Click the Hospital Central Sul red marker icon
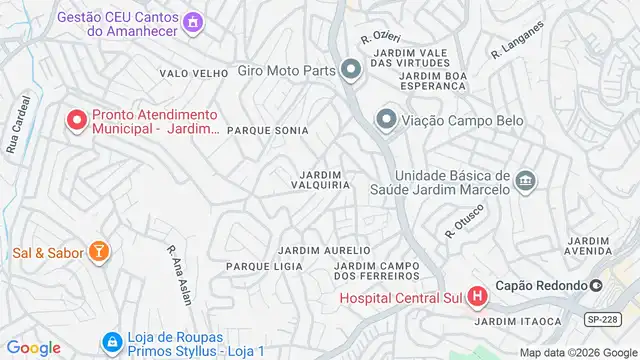coord(477,297)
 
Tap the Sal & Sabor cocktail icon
coord(99,252)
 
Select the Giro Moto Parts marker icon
coord(350,71)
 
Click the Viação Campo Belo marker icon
coord(386,121)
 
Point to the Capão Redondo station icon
coord(596,285)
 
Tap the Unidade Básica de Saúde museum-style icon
coord(526,180)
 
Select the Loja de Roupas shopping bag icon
coord(111,343)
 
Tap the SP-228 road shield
coord(596,318)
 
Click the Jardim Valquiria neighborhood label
coord(320,178)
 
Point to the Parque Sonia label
coord(267,131)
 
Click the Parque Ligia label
coord(264,267)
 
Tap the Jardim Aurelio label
coord(324,249)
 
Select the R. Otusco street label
coord(465,219)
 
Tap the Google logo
coord(33,347)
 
